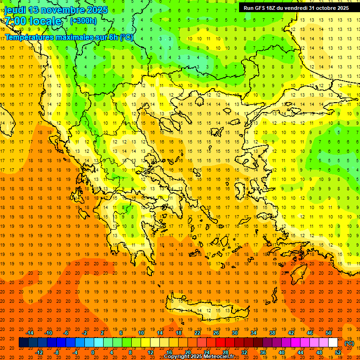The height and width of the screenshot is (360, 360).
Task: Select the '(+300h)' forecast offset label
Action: (83, 21)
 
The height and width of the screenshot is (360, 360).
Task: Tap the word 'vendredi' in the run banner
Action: (294, 8)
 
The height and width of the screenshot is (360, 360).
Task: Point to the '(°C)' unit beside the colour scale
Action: (349, 343)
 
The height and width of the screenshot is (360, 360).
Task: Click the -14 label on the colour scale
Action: (30, 333)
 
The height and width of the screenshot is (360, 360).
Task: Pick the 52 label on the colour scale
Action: (337, 352)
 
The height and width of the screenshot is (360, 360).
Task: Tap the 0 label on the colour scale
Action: (92, 352)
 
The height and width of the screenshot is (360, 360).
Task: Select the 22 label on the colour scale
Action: (197, 333)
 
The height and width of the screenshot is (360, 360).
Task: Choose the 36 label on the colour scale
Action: (262, 352)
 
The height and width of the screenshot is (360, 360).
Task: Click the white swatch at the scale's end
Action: (333, 343)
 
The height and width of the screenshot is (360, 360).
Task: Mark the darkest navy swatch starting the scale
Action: (23, 343)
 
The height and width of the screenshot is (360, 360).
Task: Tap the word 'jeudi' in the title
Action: (15, 10)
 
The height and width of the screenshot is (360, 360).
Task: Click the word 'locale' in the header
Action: (45, 21)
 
